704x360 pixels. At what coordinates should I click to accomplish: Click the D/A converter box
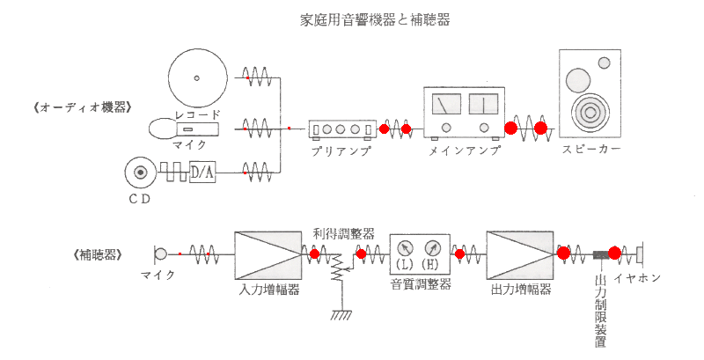point(202,173)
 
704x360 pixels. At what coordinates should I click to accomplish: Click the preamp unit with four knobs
point(343,129)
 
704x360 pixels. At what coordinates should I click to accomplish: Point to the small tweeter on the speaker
point(604,62)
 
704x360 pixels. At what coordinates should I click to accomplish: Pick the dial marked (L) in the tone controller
point(407,247)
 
